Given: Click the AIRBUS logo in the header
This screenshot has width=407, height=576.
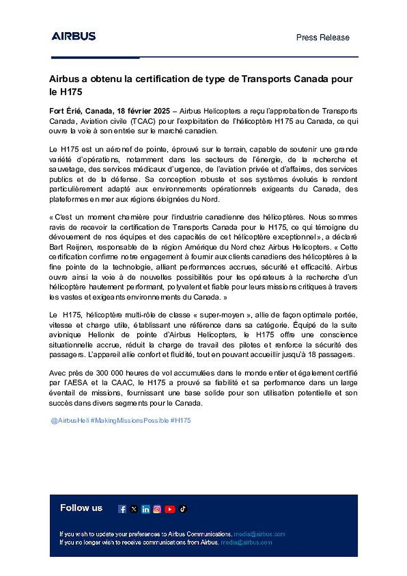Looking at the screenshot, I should [73, 36].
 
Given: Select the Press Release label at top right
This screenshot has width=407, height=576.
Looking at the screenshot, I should [323, 37].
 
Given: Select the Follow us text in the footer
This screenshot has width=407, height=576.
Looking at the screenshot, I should [81, 508].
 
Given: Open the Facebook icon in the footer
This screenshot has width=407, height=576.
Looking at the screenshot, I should [122, 509].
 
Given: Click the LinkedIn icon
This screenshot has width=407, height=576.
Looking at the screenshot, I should [145, 509].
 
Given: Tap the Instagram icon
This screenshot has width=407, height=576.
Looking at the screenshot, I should [157, 509].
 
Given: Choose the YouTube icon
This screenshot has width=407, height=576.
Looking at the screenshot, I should [170, 509].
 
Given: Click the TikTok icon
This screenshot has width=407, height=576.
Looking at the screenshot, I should [183, 509].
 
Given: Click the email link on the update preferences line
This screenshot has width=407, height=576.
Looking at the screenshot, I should [259, 534].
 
